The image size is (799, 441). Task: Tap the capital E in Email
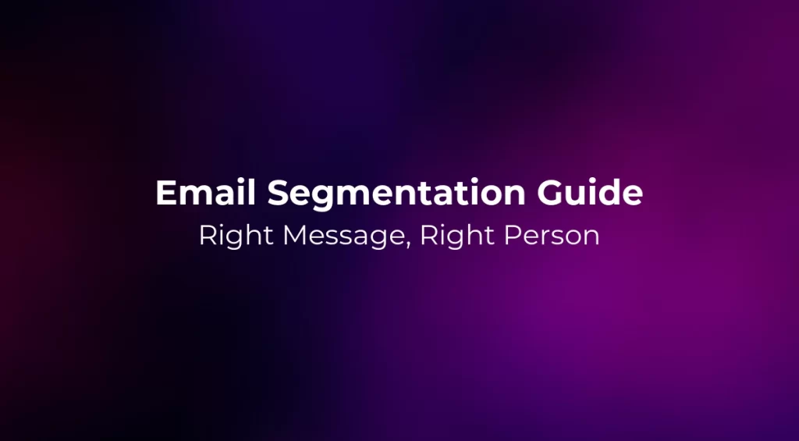(165, 194)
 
